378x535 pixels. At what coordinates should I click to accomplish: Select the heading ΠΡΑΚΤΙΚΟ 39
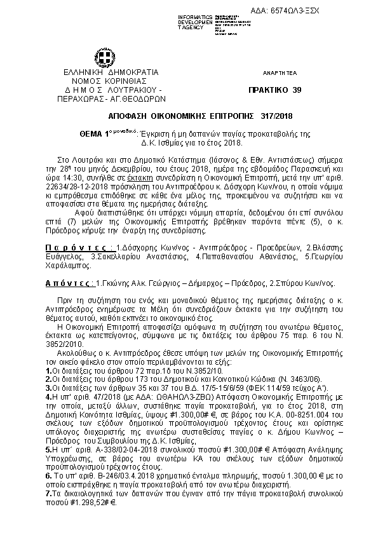click(x=274, y=90)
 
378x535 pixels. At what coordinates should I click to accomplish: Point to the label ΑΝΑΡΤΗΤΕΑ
click(x=274, y=74)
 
